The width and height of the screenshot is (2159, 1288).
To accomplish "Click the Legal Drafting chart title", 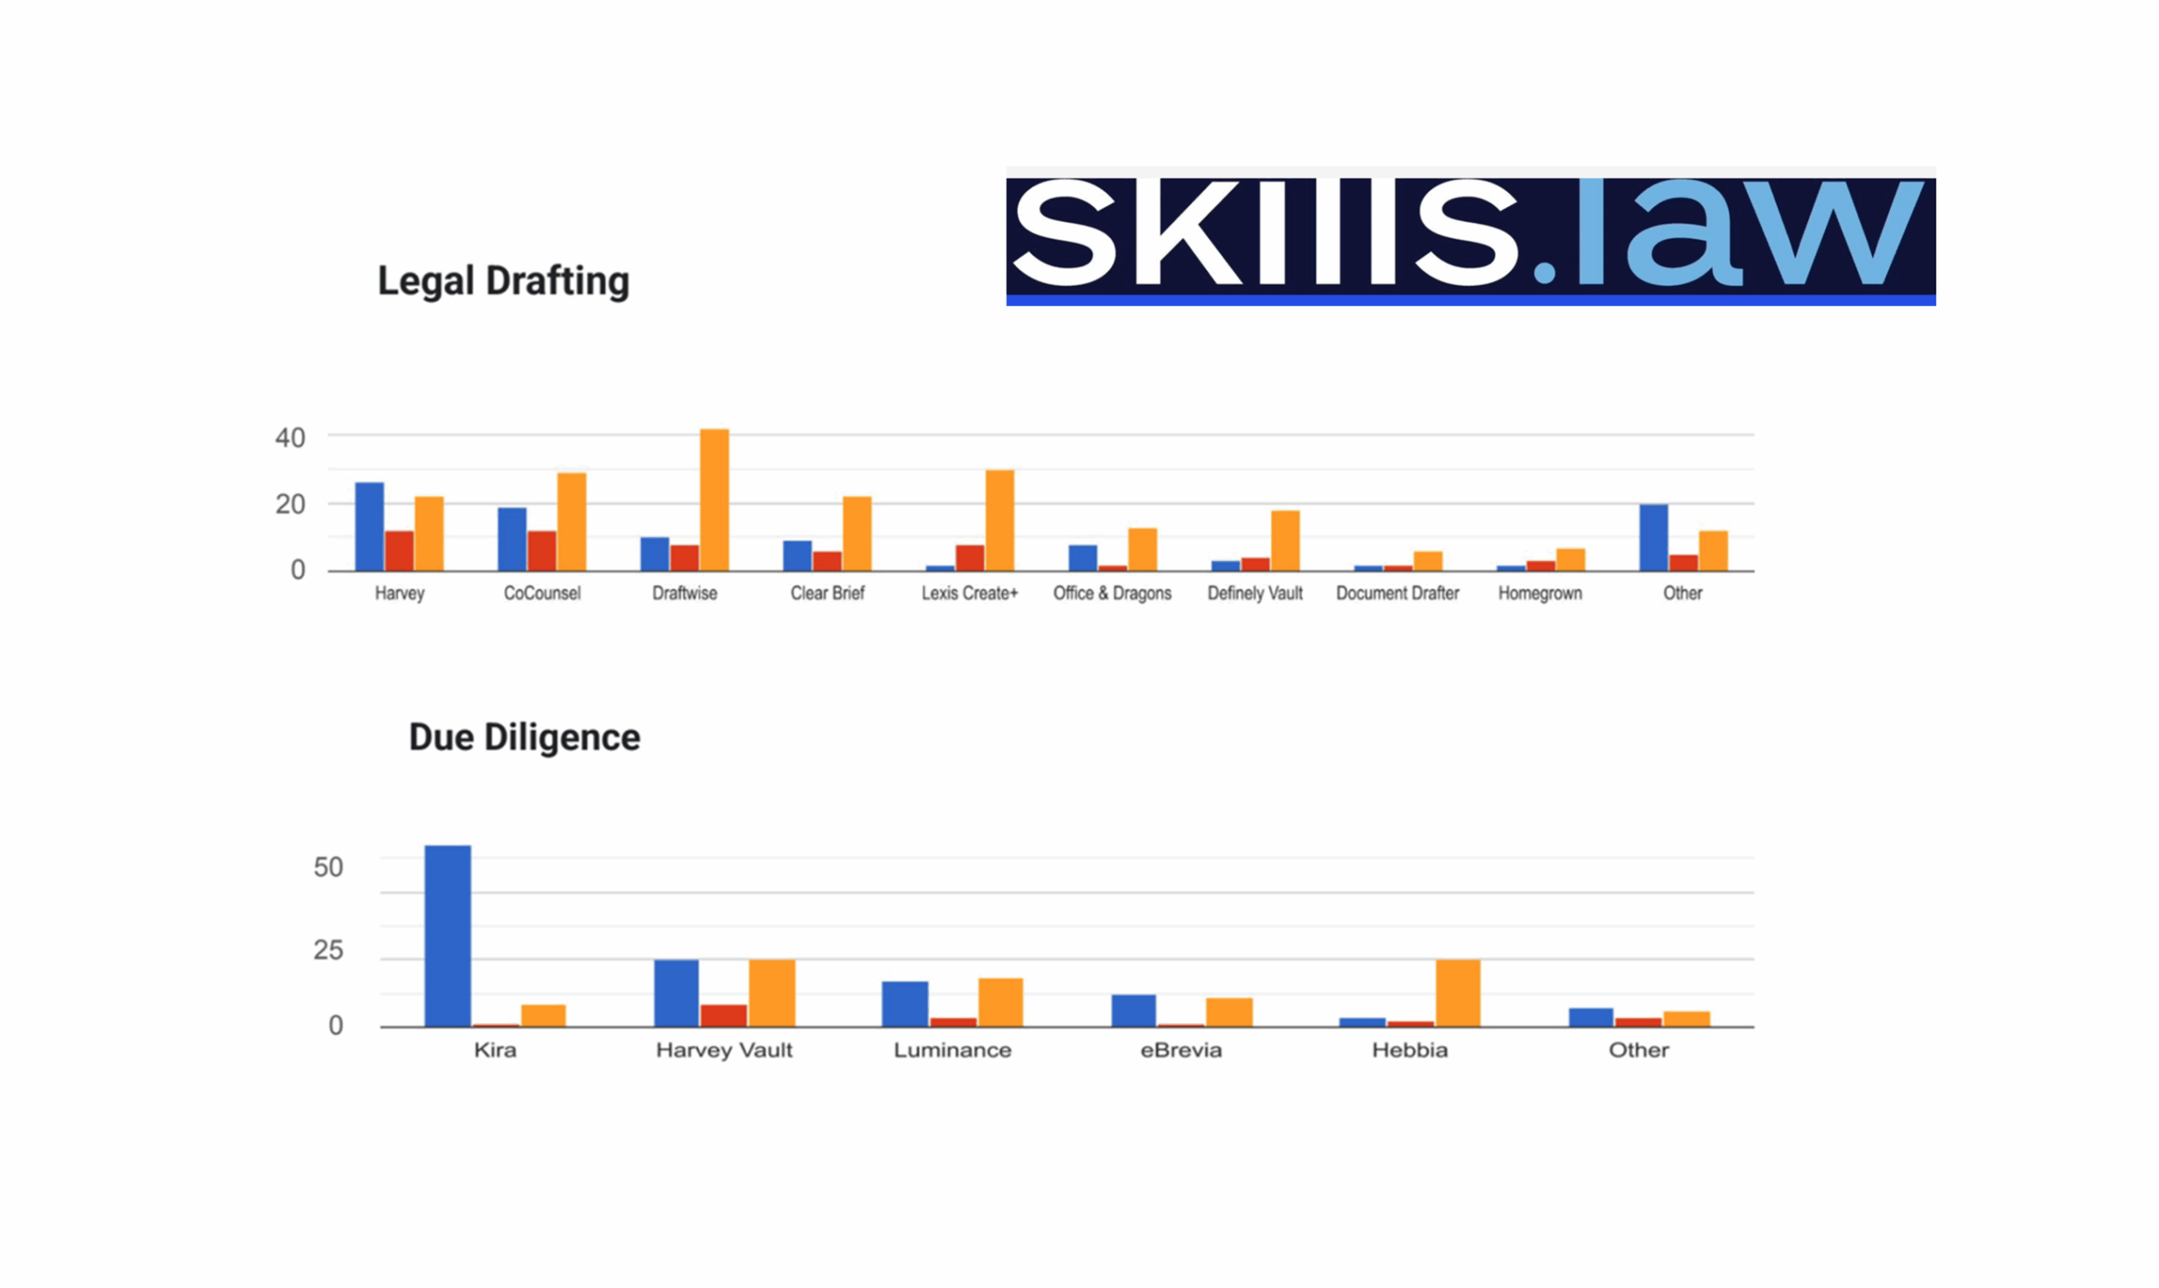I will [503, 281].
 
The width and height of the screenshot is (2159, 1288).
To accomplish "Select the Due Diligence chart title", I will [524, 738].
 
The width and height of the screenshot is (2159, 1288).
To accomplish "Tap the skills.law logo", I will [1470, 236].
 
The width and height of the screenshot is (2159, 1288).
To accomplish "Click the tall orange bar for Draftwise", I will [714, 500].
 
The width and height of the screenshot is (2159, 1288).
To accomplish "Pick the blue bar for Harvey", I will [369, 527].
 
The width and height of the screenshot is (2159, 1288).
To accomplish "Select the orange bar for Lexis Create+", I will [999, 520].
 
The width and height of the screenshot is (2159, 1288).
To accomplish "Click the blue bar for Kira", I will [448, 935].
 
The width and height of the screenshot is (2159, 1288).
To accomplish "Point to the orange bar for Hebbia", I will [1458, 993].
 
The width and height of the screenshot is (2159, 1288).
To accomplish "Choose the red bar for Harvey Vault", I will [724, 1016].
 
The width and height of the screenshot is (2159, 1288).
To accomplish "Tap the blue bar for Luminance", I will [905, 1005].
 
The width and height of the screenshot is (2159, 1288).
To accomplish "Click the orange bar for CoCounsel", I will [572, 521].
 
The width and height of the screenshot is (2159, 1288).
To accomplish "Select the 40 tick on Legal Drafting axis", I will [290, 439].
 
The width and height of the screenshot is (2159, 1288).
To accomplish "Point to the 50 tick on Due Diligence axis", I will [328, 867].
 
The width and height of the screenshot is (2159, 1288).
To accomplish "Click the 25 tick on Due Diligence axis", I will [328, 951].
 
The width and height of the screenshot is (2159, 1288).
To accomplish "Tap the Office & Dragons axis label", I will [1112, 594].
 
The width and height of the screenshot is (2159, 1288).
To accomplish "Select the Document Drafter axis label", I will [1397, 594].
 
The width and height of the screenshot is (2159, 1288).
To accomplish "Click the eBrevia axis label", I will [1181, 1050].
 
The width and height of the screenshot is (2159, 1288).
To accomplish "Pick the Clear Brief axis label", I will [827, 594].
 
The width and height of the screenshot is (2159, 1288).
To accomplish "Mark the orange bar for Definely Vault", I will [1285, 541].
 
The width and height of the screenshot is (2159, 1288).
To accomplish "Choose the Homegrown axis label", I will [1539, 594].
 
